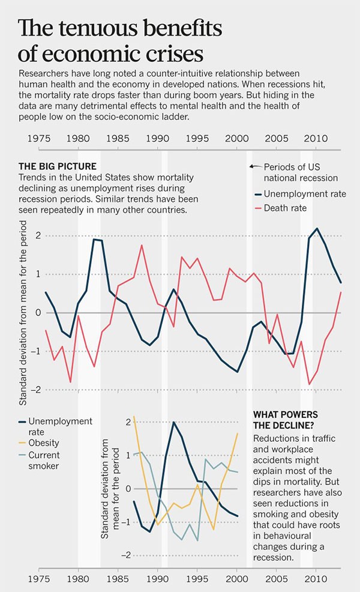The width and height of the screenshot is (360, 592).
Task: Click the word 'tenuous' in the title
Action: tap(91, 28)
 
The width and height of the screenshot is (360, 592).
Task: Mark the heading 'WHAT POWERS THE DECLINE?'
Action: tap(284, 420)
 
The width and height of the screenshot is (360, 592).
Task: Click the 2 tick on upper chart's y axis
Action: tap(37, 235)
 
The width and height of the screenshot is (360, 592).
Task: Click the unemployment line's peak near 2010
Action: tap(317, 229)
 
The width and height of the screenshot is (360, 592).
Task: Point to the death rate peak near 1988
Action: tap(142, 245)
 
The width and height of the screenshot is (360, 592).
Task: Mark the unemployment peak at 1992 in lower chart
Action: tap(173, 422)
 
